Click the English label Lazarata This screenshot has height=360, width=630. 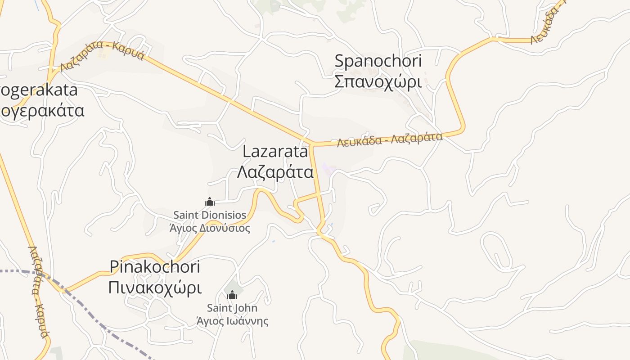pos(275,152)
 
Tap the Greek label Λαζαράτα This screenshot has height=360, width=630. pos(275,172)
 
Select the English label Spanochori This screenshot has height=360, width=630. pos(378,61)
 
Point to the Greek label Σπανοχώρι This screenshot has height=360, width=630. pos(378,82)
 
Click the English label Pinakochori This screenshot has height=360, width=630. pos(155,267)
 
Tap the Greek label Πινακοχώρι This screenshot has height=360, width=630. pos(155,288)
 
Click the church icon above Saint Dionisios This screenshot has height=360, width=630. pos(209,202)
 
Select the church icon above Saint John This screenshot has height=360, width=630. pos(232,295)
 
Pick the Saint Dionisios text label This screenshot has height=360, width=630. pos(210,215)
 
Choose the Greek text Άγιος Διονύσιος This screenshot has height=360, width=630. pos(210,228)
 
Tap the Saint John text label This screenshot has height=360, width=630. pos(232,308)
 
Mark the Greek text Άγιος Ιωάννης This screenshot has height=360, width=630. pos(232,321)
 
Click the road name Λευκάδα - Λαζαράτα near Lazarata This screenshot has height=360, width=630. pos(390,139)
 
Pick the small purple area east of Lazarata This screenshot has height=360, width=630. pos(329,170)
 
